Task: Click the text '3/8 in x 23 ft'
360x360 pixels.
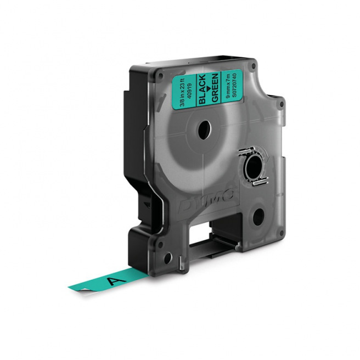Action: tap(182, 88)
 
